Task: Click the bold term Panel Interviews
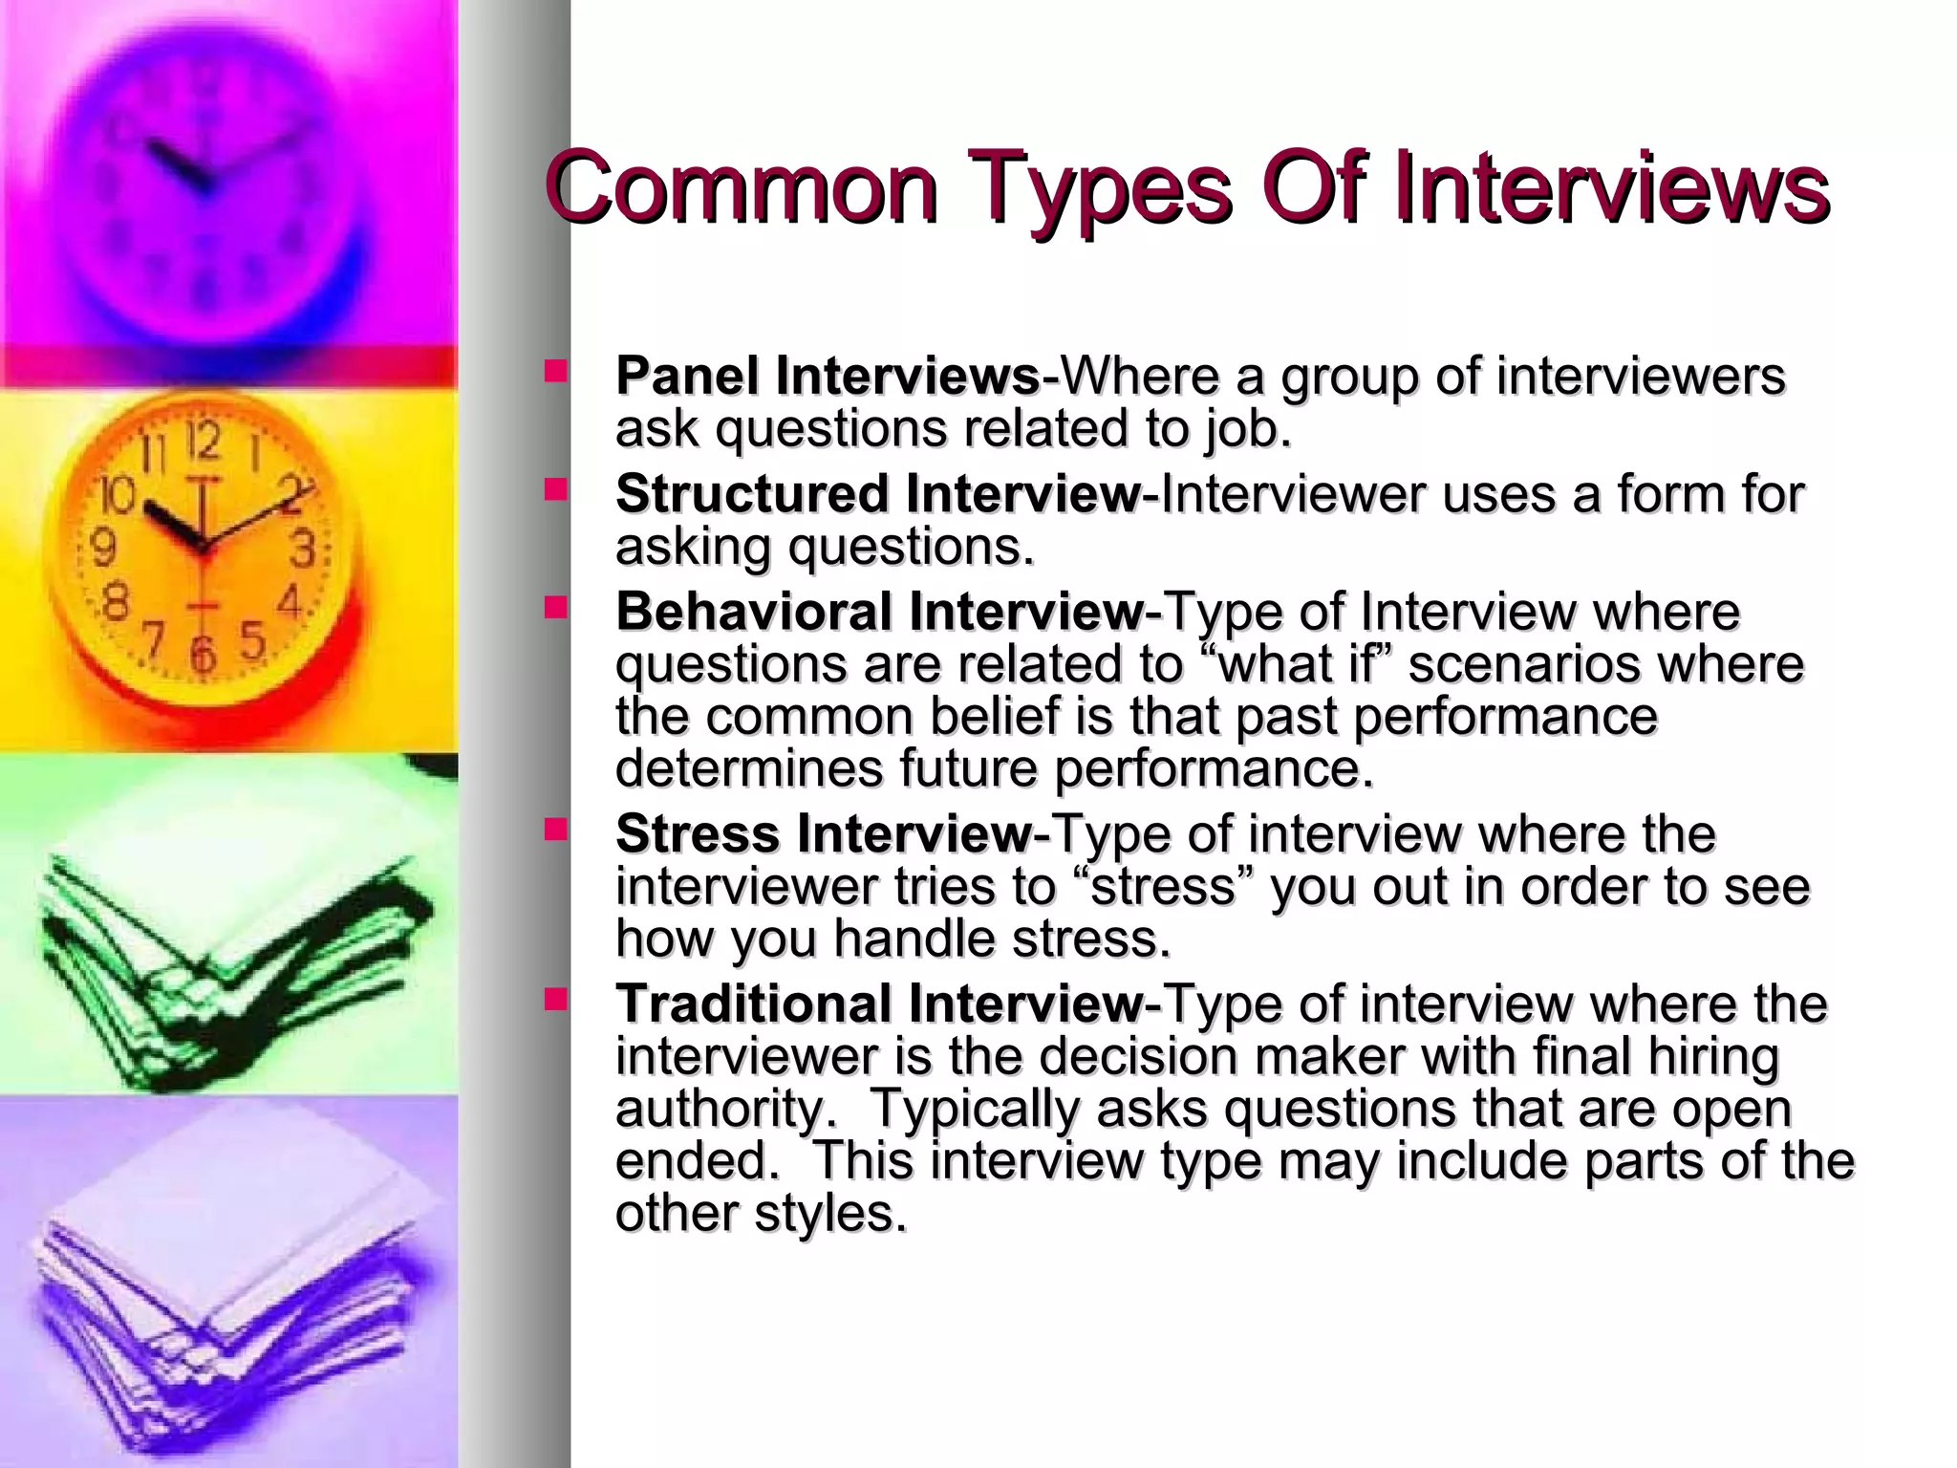828,376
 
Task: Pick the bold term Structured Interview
877,494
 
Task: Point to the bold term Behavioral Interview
879,612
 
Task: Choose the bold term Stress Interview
824,833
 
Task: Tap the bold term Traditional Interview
879,1004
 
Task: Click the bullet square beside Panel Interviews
555,371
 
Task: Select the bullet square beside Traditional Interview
555,999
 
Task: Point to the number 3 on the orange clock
302,550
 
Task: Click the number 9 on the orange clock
102,548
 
